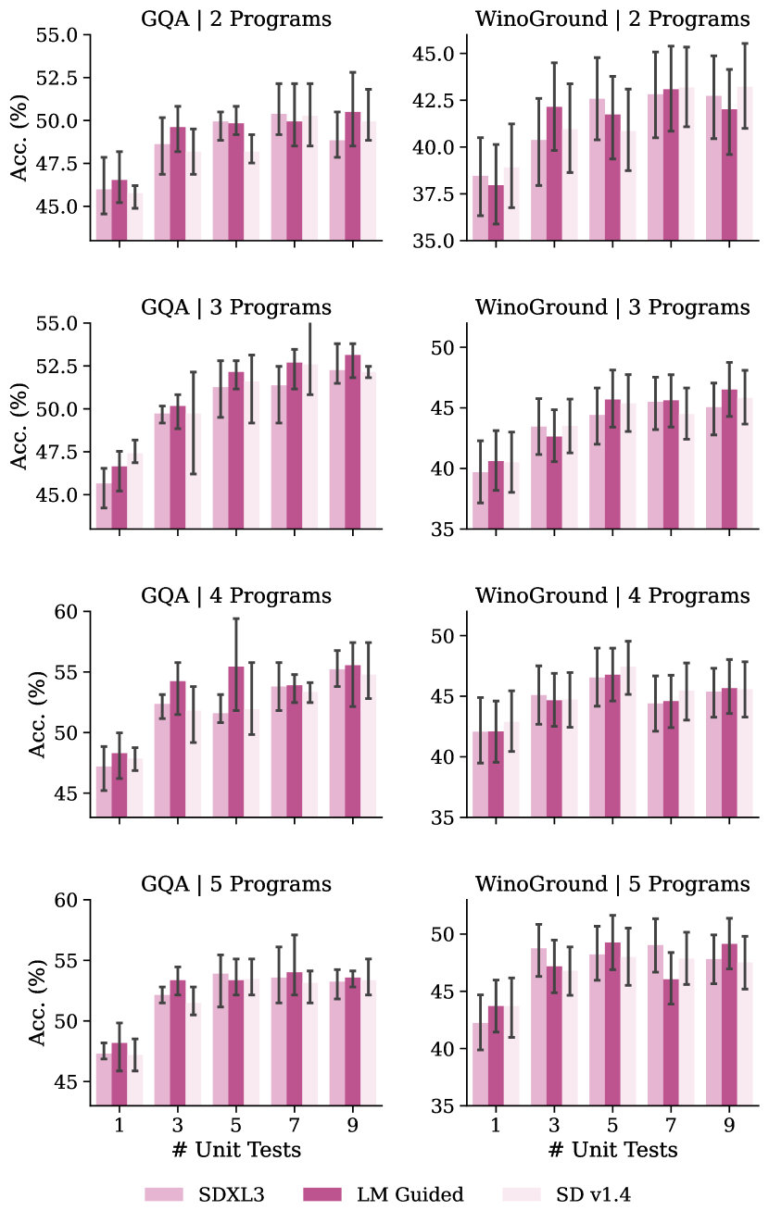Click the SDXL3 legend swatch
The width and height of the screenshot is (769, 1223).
click(170, 1194)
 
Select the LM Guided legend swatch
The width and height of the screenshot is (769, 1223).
click(328, 1194)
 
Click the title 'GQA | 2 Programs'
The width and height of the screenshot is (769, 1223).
click(236, 19)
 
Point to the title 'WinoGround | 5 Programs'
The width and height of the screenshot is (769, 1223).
click(612, 884)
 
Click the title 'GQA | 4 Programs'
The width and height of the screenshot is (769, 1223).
click(236, 595)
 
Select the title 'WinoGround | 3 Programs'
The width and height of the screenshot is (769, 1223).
click(612, 307)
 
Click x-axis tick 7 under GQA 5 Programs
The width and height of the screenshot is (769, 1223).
click(294, 1125)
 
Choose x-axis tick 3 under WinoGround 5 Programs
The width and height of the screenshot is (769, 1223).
click(554, 1125)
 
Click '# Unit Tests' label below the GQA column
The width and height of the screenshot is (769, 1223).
click(236, 1149)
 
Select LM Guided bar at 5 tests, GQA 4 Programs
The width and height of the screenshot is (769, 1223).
click(236, 742)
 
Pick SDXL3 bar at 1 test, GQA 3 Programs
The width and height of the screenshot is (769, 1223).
click(104, 505)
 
